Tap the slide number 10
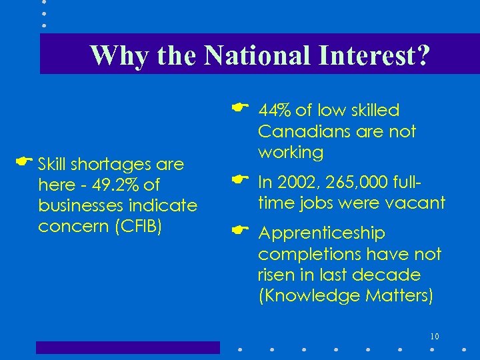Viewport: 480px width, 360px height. [x=435, y=335]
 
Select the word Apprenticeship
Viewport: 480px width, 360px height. [x=321, y=233]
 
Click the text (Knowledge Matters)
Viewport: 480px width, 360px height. [x=345, y=295]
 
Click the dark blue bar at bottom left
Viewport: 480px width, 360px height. [x=127, y=347]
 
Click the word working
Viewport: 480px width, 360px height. [x=291, y=152]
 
